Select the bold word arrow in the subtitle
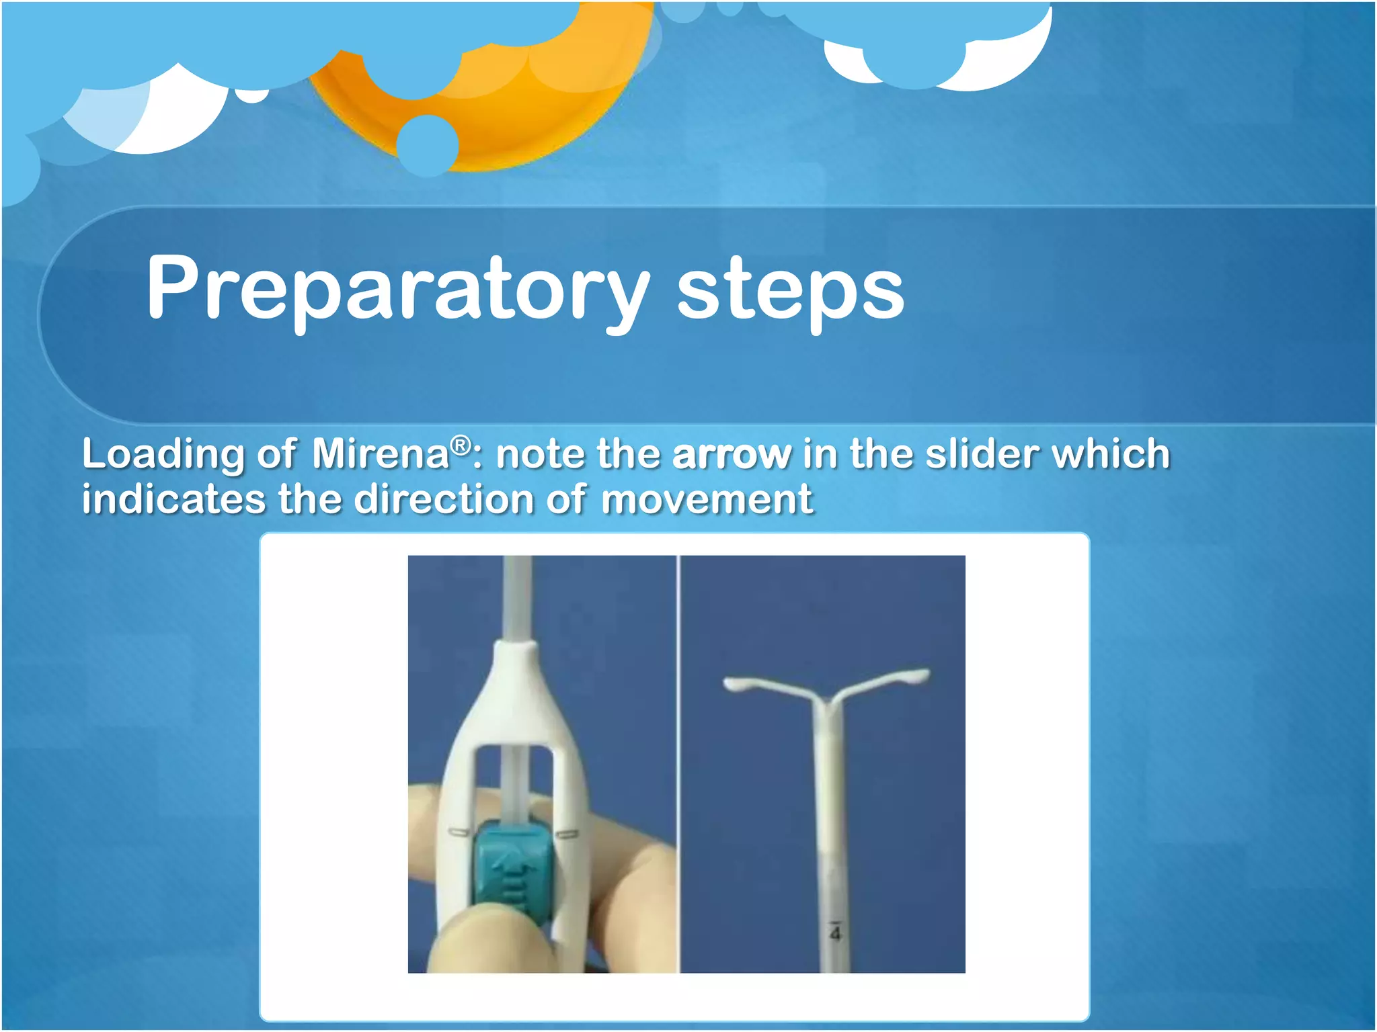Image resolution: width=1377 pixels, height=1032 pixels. click(732, 455)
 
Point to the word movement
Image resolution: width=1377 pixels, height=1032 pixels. click(706, 501)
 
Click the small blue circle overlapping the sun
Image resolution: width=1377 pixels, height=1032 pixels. click(428, 145)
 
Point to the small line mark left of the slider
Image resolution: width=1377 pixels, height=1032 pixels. click(460, 833)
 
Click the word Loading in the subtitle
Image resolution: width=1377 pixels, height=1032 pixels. click(161, 455)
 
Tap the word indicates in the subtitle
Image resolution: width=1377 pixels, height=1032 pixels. click(173, 501)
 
